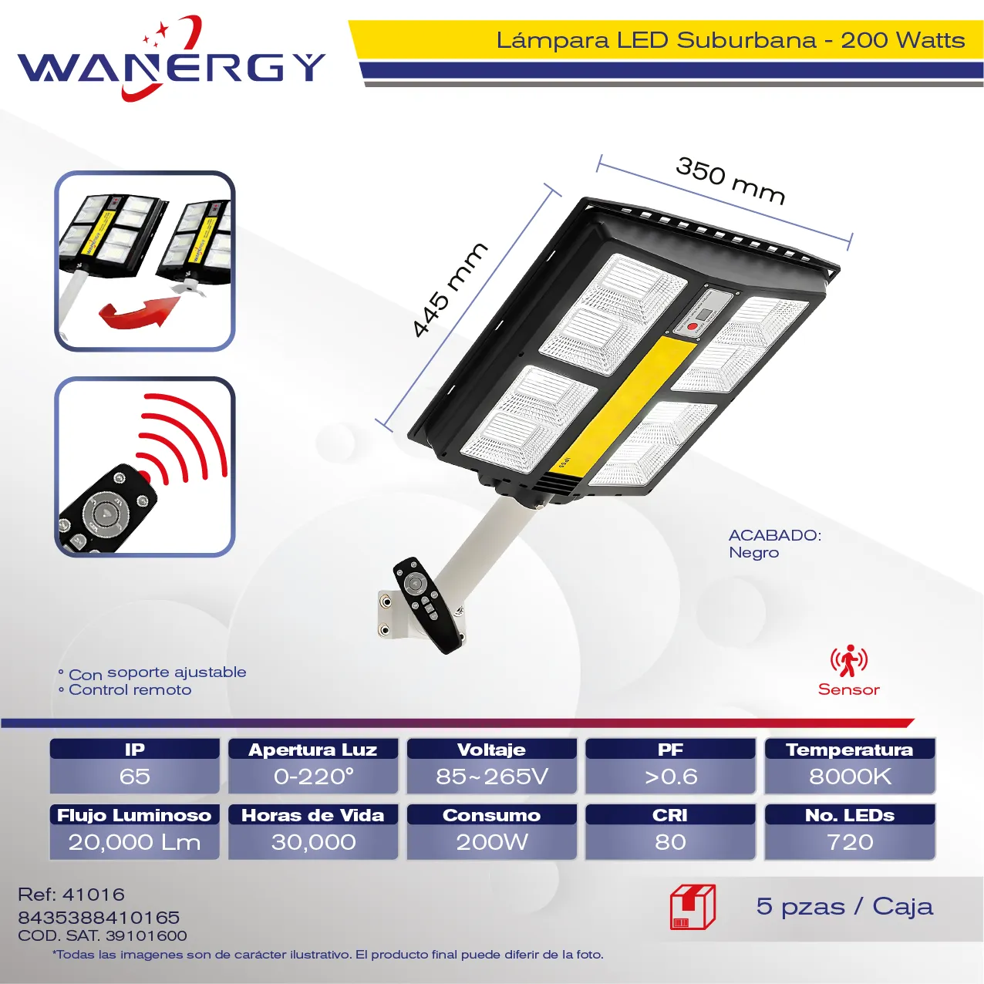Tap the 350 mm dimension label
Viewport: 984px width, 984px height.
pos(730,181)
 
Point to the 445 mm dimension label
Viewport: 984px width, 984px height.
pos(450,289)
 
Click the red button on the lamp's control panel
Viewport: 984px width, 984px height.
pos(693,326)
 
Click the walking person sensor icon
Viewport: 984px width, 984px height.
pos(848,660)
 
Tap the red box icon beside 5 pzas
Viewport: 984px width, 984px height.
pos(693,908)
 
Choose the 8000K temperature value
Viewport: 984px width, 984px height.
pos(850,777)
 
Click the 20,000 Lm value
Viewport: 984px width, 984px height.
pos(134,842)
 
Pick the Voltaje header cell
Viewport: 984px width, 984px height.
pos(491,749)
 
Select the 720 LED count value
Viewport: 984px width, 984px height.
pos(850,842)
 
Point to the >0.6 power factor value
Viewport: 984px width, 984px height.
pos(670,777)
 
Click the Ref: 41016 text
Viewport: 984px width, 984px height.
pos(72,894)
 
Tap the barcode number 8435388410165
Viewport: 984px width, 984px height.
pos(99,917)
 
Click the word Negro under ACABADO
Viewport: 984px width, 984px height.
pos(753,552)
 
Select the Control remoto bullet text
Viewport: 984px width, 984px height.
pos(130,690)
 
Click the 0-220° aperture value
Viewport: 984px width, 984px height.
pos(313,777)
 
